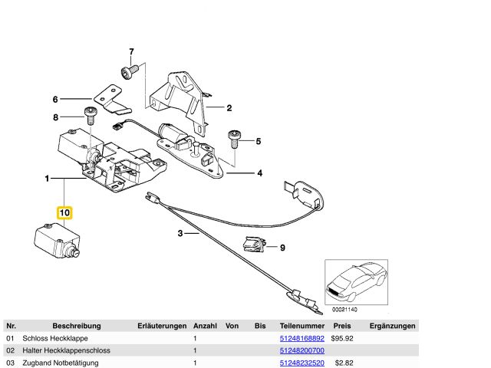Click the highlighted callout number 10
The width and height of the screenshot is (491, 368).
pos(64,212)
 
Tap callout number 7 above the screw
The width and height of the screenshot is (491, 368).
pos(130,52)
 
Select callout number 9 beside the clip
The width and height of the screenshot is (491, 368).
pos(282,248)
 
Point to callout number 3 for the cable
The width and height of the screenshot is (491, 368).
pos(180,234)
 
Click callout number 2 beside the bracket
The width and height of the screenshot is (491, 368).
pos(228,108)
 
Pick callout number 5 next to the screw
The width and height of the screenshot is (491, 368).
pos(259,141)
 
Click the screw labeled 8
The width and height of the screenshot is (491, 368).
pos(90,117)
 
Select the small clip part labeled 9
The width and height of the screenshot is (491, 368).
pos(252,245)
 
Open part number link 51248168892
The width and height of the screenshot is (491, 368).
pos(302,338)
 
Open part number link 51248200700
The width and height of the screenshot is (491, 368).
pos(302,350)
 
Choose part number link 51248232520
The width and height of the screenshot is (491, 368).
pos(302,363)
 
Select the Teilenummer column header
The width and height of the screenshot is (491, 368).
pos(302,326)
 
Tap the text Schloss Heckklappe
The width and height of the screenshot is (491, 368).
pos(55,338)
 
